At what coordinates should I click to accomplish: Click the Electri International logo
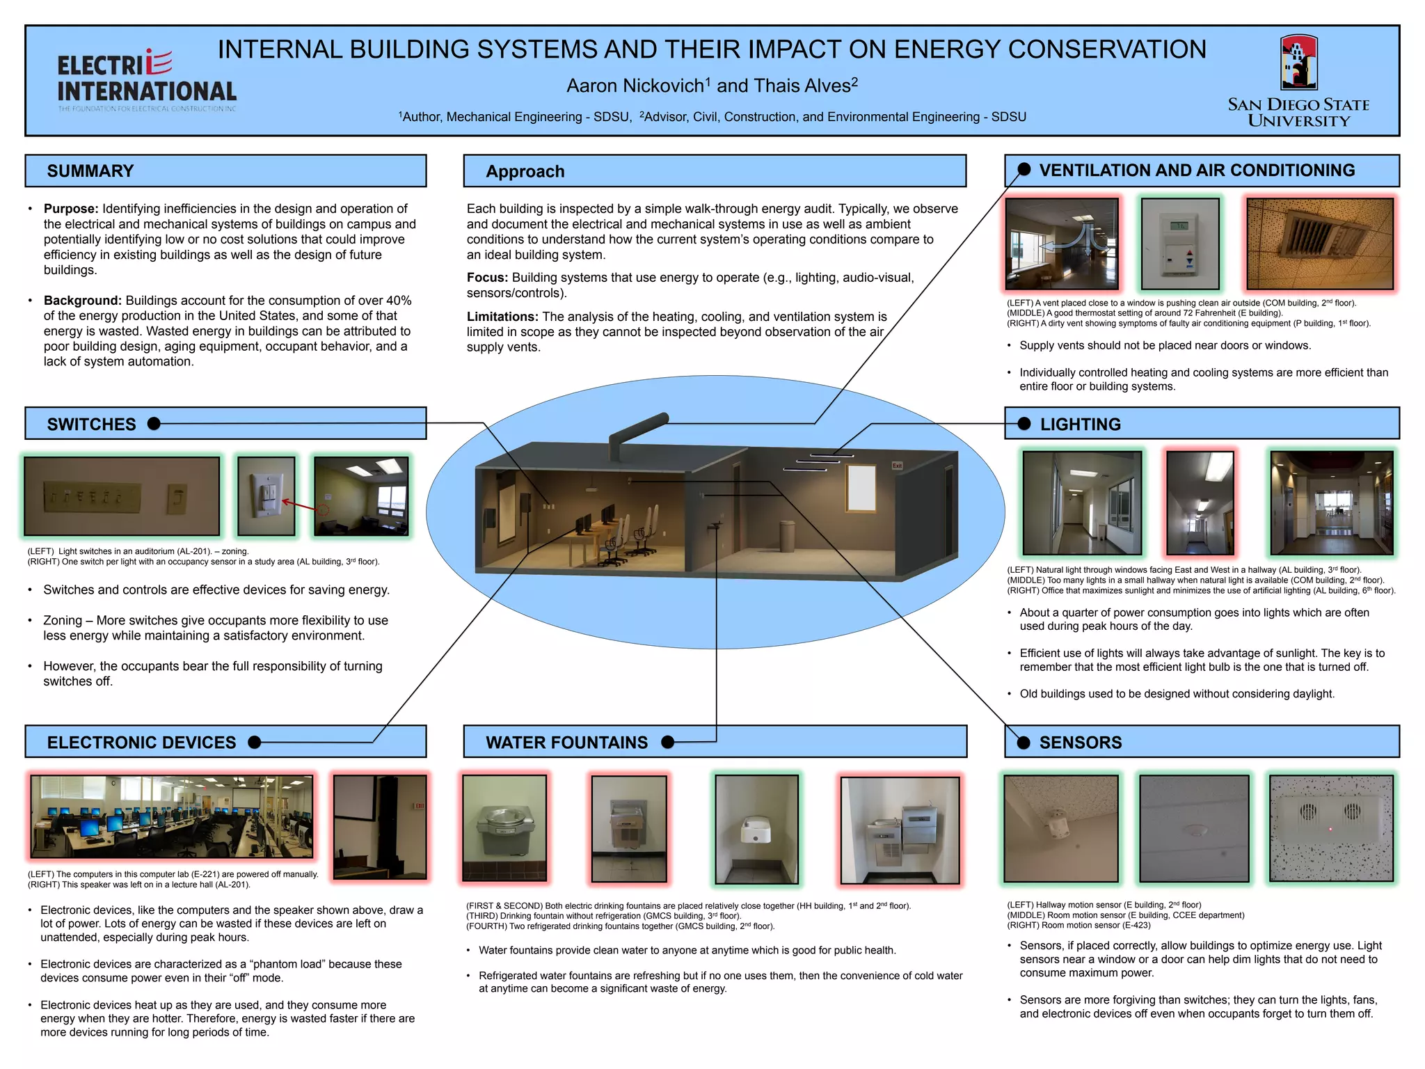point(147,81)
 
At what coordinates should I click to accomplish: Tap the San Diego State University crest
point(1298,63)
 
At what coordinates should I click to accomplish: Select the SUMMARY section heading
point(90,171)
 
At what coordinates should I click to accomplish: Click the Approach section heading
point(525,172)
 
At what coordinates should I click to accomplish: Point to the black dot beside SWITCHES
point(154,424)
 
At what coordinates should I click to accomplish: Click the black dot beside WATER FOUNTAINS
point(668,742)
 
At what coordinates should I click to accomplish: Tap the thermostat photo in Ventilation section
point(1180,244)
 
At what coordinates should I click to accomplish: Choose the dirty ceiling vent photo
point(1320,244)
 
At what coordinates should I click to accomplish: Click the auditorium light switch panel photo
point(122,496)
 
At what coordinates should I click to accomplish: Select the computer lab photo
point(171,817)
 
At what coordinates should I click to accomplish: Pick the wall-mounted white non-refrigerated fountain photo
point(756,829)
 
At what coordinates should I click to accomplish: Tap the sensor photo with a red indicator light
point(1331,828)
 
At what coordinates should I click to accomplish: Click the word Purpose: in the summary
point(71,209)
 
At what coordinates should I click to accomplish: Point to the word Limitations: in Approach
point(502,317)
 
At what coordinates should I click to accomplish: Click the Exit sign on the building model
point(897,466)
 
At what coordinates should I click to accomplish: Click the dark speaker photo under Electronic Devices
point(379,827)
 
